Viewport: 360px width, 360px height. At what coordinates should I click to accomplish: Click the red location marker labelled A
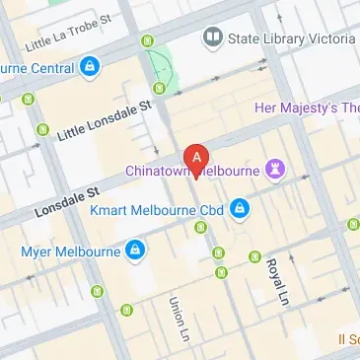pyautogui.click(x=197, y=158)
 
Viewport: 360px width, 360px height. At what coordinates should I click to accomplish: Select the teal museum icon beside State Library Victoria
pyautogui.click(x=212, y=38)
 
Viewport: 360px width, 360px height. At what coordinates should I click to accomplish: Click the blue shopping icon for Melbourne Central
pyautogui.click(x=90, y=67)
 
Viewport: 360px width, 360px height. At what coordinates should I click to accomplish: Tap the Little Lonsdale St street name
pyautogui.click(x=107, y=117)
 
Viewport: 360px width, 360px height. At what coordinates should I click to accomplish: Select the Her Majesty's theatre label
pyautogui.click(x=307, y=106)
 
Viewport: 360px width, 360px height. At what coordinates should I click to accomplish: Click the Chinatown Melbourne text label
pyautogui.click(x=192, y=171)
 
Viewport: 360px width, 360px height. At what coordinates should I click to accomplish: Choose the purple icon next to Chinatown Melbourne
pyautogui.click(x=275, y=170)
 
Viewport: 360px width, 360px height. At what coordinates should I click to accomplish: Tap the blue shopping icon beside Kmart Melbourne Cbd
pyautogui.click(x=240, y=209)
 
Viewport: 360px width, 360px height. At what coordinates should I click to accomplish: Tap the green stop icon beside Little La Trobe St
pyautogui.click(x=147, y=40)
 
